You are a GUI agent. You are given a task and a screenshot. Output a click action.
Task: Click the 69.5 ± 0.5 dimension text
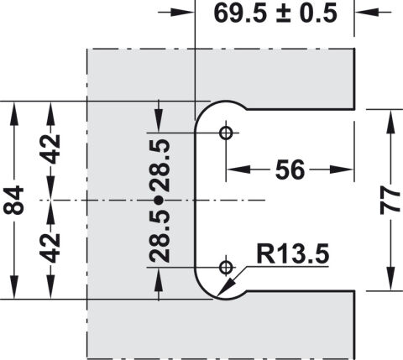[275, 13]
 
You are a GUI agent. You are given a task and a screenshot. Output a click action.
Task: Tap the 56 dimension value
[290, 170]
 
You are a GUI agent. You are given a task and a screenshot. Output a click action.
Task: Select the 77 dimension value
[390, 201]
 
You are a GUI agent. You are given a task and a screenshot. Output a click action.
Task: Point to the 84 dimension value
[13, 201]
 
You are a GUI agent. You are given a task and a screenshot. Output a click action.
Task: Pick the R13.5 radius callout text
[292, 254]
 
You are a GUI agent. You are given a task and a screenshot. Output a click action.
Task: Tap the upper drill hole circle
[226, 133]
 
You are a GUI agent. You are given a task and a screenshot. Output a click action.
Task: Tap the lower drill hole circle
[226, 268]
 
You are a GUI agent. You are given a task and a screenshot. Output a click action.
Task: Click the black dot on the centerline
[159, 201]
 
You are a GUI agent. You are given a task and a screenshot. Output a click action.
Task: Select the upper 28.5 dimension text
[160, 165]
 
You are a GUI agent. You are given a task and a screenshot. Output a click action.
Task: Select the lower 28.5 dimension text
[160, 236]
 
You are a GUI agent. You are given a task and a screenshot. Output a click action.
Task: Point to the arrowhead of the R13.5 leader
[225, 288]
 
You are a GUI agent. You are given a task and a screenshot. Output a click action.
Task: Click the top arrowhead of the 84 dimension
[13, 114]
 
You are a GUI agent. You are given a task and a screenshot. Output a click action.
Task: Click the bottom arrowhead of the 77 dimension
[390, 279]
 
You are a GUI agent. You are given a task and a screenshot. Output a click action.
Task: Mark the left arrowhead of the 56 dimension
[238, 170]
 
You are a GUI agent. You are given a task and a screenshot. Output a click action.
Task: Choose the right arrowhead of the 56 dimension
[342, 170]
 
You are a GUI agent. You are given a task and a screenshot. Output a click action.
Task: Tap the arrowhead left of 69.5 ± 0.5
[182, 13]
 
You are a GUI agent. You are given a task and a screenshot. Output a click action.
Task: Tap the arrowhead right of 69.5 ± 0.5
[367, 13]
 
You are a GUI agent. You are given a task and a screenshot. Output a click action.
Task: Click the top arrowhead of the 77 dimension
[390, 123]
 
